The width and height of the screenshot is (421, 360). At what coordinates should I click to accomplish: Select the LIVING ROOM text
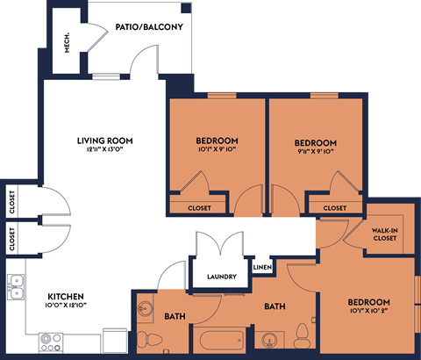tap(103, 140)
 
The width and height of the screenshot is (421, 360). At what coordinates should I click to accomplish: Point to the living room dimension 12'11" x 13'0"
tap(103, 150)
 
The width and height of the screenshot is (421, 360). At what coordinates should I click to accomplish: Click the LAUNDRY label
tap(222, 277)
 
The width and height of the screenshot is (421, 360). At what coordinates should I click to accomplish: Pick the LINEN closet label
tap(262, 266)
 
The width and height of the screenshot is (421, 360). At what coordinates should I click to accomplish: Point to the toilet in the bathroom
tap(303, 335)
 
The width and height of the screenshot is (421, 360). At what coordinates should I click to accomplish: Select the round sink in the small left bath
tap(145, 308)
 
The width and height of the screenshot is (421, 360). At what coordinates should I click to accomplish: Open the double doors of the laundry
tap(217, 247)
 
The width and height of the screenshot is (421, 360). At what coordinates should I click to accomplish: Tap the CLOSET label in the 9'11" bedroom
tap(335, 208)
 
